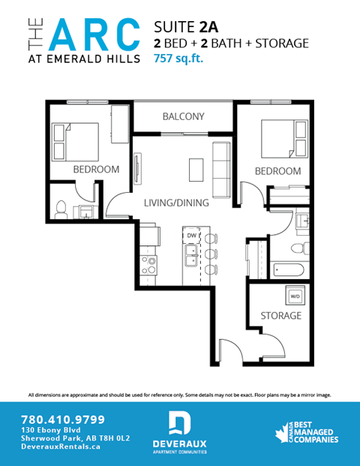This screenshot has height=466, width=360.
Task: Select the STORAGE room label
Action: point(280,315)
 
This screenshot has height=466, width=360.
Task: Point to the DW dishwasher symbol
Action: point(191,236)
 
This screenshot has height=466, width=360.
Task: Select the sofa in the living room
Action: point(220,167)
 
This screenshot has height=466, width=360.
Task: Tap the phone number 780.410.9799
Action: point(63,419)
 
